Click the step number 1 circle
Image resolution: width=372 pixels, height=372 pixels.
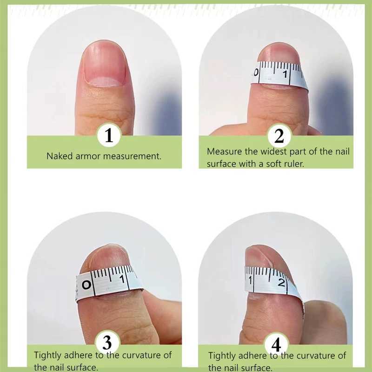pyautogui.click(x=109, y=136)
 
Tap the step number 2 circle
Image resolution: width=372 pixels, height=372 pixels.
pyautogui.click(x=279, y=136)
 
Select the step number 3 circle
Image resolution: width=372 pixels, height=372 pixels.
pyautogui.click(x=107, y=344)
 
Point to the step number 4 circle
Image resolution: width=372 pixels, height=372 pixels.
pyautogui.click(x=276, y=345)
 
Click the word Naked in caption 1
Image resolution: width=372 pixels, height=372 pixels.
pyautogui.click(x=60, y=156)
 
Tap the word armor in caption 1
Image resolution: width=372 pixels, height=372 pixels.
pyautogui.click(x=88, y=156)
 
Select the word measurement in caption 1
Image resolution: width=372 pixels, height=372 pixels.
pyautogui.click(x=132, y=156)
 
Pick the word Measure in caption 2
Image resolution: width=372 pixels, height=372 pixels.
pyautogui.click(x=224, y=152)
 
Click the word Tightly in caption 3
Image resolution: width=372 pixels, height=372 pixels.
pyautogui.click(x=49, y=355)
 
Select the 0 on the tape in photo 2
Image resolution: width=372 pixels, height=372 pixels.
pyautogui.click(x=256, y=73)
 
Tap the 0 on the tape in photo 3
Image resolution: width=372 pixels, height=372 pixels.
pyautogui.click(x=86, y=285)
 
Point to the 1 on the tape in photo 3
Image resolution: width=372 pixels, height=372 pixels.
pyautogui.click(x=122, y=279)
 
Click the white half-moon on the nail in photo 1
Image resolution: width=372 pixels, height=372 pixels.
pyautogui.click(x=104, y=81)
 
